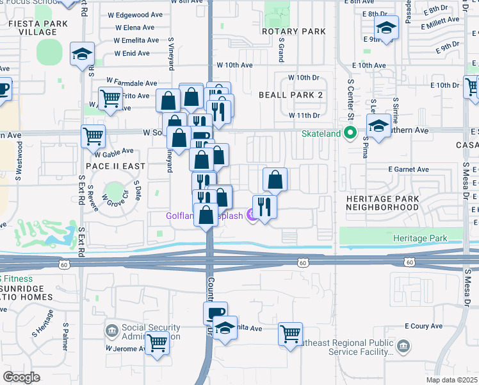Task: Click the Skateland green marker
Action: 350,133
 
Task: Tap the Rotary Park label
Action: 294,31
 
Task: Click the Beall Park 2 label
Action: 290,95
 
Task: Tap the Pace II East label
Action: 115,166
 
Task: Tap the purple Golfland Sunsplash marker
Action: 251,216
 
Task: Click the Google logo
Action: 21,377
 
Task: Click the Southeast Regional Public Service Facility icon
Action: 403,347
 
